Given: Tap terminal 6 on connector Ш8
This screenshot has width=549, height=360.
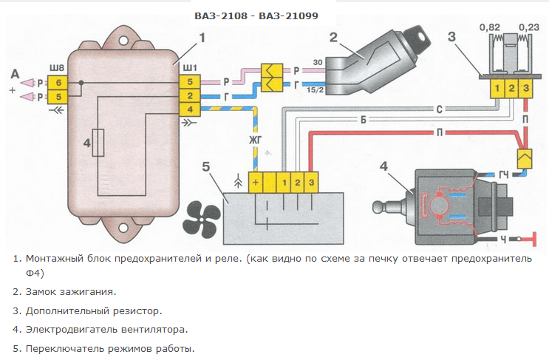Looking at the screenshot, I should coord(59,82).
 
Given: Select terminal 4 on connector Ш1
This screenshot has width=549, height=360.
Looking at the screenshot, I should coord(190,110).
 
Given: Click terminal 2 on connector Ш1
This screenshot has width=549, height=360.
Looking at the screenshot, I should coord(190,96).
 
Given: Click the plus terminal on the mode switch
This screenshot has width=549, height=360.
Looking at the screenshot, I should coord(255,182).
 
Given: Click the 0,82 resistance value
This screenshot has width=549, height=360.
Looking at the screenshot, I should coord(490,27).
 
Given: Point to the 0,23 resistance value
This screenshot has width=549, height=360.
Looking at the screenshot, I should coord(529,27).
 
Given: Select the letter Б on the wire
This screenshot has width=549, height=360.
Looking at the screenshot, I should coord(363,120).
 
